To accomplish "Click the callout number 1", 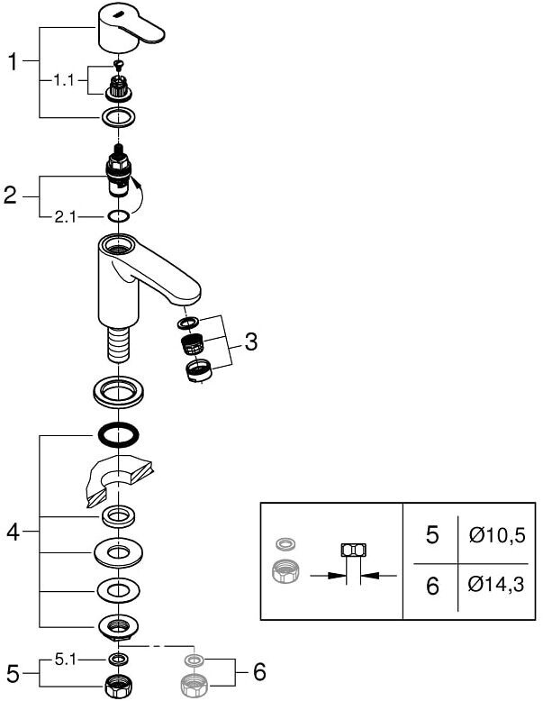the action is pos(14,61).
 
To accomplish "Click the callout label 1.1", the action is pos(63,81).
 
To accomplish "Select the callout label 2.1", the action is pos(65,217).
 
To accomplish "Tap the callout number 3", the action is pos(250,342).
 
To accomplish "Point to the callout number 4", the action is pos(13,532).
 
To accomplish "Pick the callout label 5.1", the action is pos(65,660).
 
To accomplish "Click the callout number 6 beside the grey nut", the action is pos(259,672).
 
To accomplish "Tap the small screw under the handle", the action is pos(119,66).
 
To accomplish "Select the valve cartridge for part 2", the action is pos(119,170).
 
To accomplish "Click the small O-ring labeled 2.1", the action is pos(118,217).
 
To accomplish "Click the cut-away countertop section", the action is pos(120,481).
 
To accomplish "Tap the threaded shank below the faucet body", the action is pos(118,344).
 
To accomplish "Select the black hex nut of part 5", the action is pos(118,687).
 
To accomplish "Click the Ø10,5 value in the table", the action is pos(496,534).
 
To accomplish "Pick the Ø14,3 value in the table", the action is pos(495,584).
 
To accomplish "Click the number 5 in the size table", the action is pos(432,534).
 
